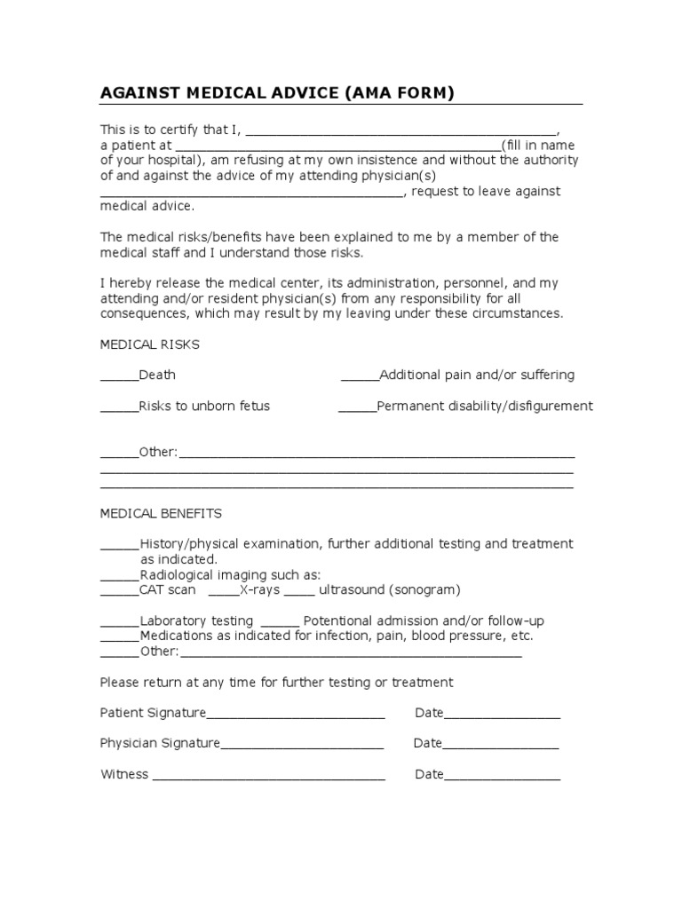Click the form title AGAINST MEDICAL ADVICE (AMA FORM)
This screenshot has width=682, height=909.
point(277,93)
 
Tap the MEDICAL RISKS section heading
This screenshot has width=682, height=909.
point(149,344)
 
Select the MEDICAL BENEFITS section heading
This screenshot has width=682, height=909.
point(161,513)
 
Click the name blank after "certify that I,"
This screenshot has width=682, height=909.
point(400,130)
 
